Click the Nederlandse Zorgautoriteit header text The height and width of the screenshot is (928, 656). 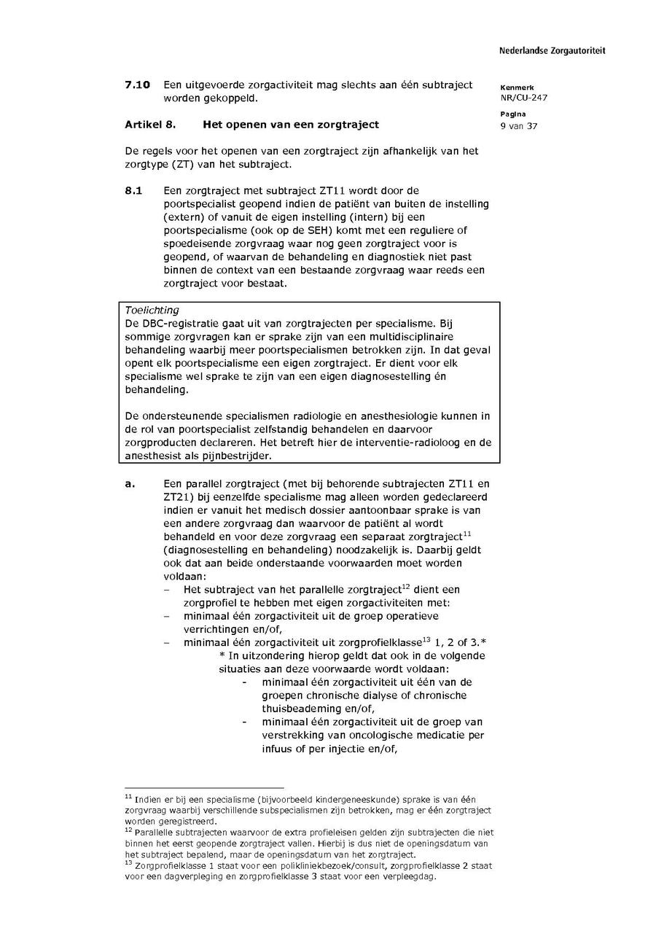point(552,51)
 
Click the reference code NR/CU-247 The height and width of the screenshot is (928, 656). point(524,98)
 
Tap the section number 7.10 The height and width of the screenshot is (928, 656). point(137,85)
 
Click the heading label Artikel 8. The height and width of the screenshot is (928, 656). point(150,125)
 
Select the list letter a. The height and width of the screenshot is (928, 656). point(129,483)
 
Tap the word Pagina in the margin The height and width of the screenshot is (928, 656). point(511,114)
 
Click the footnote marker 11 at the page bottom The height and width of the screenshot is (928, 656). point(128,798)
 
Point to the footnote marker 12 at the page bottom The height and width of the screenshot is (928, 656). point(128,830)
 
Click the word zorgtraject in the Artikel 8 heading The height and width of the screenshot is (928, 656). point(350,125)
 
